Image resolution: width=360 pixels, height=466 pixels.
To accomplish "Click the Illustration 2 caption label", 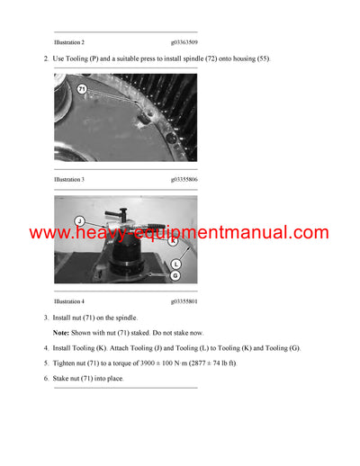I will [x=69, y=42].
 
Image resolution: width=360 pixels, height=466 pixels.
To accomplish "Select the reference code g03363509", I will [x=184, y=42].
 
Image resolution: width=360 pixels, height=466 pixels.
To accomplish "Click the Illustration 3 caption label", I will [x=69, y=179].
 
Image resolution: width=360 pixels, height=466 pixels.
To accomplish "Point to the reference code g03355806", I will [x=184, y=179].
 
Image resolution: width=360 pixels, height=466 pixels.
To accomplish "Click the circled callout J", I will [x=79, y=219].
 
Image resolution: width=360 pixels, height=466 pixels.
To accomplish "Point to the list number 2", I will [x=46, y=58].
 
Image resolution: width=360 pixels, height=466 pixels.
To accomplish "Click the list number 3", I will [x=46, y=318].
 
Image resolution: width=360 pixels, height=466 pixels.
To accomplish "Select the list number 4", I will [x=46, y=348].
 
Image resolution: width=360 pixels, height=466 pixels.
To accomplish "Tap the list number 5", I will [x=46, y=363].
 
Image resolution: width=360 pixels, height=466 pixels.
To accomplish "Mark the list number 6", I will [x=46, y=379].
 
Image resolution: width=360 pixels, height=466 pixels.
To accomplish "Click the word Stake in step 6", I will [x=62, y=379].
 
